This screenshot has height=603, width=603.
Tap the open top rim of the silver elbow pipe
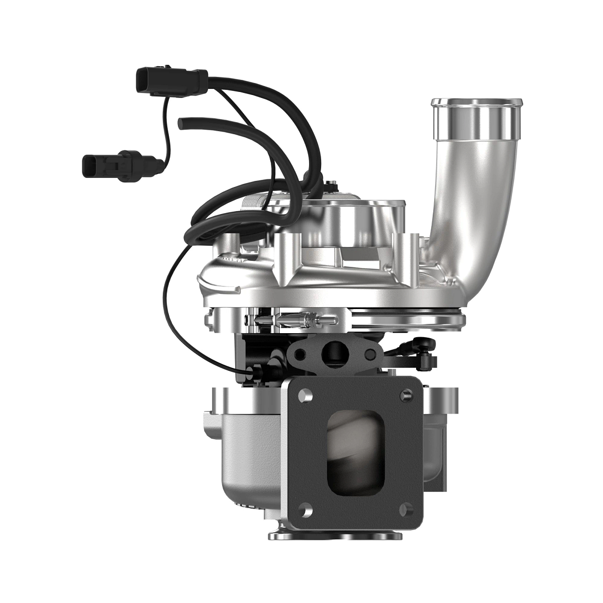[474, 107]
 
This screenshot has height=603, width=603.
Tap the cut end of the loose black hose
[182, 122]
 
